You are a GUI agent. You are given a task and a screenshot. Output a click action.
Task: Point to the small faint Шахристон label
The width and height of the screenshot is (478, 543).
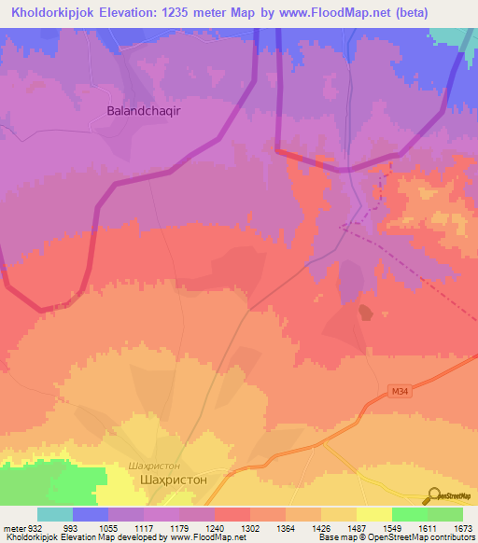tap(152, 464)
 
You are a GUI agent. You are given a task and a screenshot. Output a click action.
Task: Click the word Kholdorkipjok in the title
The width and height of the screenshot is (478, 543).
tap(57, 14)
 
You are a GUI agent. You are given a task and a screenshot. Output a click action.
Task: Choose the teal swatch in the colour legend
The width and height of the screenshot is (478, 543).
tap(55, 514)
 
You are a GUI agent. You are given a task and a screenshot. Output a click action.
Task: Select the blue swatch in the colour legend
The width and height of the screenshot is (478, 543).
tap(91, 514)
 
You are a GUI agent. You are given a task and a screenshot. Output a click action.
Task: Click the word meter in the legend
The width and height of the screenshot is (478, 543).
tap(13, 528)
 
